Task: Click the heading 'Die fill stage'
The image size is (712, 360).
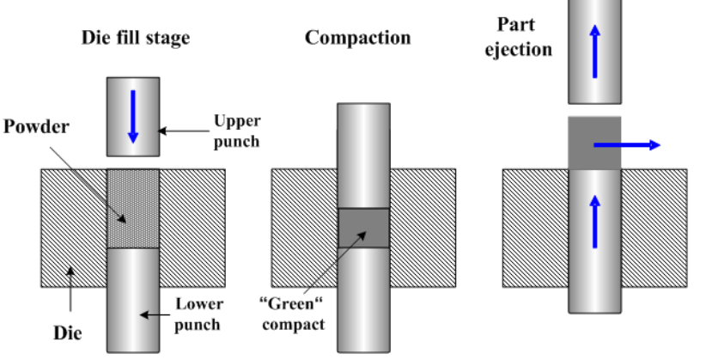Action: (135, 38)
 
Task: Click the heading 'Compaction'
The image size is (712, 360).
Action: (357, 38)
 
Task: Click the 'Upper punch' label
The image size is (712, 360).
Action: (236, 131)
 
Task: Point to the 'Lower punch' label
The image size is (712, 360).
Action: (199, 314)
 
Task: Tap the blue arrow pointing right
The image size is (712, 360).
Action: (627, 145)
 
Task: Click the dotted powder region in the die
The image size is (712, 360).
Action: (133, 209)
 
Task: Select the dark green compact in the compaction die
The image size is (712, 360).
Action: (363, 228)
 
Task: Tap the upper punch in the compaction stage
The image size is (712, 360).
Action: (363, 155)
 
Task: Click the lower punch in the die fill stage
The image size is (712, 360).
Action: (133, 301)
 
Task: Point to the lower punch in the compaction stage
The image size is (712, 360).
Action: (363, 301)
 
